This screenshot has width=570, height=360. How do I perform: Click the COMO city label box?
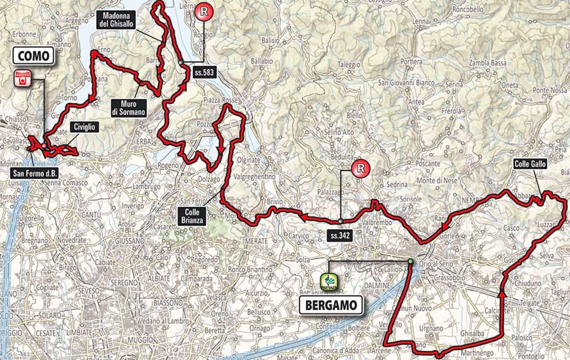(x=34, y=56)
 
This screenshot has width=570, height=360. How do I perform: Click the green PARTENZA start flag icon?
(x=329, y=282)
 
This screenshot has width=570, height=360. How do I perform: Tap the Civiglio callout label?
(x=86, y=127)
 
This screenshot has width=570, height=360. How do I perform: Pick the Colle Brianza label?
(x=193, y=215)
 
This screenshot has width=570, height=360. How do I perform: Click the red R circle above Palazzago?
(x=359, y=168)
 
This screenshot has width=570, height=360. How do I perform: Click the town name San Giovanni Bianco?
(x=406, y=83)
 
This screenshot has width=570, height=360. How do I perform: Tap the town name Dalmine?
(x=381, y=286)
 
